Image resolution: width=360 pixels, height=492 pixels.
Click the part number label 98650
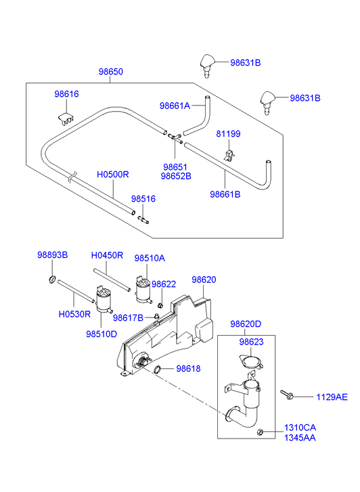(111, 72)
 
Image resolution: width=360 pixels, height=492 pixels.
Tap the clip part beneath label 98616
(66, 118)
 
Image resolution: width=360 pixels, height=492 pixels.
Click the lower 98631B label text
(305, 98)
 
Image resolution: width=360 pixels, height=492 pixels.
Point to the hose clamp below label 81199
(230, 156)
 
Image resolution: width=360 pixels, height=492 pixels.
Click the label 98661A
(175, 106)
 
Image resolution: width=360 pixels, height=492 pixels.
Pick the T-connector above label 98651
(175, 138)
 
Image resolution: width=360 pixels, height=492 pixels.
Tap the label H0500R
(113, 175)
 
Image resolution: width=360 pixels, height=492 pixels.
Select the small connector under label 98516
(143, 220)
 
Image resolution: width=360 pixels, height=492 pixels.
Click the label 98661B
(225, 194)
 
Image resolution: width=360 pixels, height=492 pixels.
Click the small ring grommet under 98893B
(52, 279)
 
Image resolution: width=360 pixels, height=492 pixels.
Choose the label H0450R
(107, 255)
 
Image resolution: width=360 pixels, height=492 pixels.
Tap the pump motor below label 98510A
(143, 290)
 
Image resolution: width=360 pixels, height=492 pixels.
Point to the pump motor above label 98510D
(104, 299)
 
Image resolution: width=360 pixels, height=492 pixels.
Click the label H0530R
(74, 314)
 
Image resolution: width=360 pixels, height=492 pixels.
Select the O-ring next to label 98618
(158, 370)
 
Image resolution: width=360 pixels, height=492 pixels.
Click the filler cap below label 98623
(251, 361)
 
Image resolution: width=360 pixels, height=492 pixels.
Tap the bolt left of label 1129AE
(286, 395)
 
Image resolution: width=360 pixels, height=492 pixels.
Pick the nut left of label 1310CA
(260, 432)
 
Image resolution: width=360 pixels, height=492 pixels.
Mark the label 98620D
(246, 324)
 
